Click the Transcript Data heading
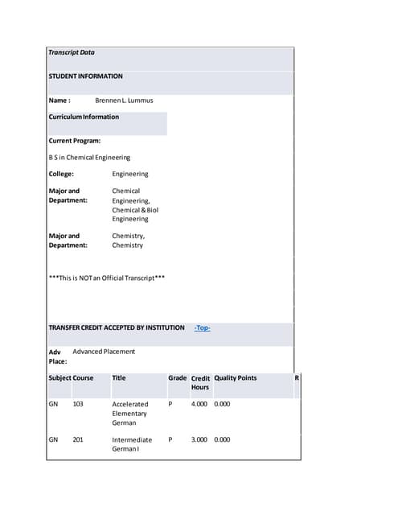(x=72, y=52)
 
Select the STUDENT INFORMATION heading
(x=85, y=76)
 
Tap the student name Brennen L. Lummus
(x=124, y=101)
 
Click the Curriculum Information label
(x=84, y=117)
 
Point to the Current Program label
(x=74, y=141)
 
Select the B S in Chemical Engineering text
(x=89, y=158)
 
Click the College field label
(x=61, y=174)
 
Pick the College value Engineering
(x=129, y=174)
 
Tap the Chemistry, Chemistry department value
(x=128, y=241)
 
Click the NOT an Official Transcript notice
(x=107, y=278)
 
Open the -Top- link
(x=203, y=328)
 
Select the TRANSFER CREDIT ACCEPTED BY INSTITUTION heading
(x=117, y=328)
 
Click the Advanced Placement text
(x=104, y=352)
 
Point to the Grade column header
(x=177, y=378)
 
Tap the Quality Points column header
(x=235, y=378)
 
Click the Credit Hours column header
(x=200, y=383)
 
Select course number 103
(x=78, y=404)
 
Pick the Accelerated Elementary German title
(x=130, y=413)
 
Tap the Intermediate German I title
(x=132, y=445)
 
